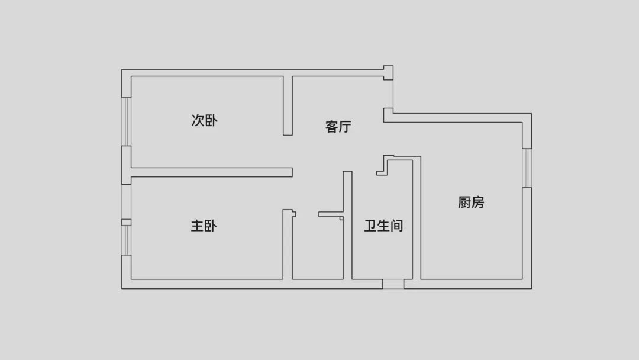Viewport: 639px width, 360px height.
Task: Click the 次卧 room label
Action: (x=205, y=121)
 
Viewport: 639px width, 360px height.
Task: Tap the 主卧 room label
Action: (x=205, y=226)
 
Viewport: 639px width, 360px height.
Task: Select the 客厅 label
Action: (x=338, y=127)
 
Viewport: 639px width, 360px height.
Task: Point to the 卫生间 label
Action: (x=383, y=226)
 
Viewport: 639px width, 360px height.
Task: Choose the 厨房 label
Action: (x=472, y=202)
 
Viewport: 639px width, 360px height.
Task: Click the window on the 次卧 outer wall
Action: (x=126, y=121)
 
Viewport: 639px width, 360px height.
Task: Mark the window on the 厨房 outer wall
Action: (x=527, y=168)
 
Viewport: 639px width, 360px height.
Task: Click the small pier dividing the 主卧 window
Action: (x=126, y=222)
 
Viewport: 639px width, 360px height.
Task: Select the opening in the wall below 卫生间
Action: (x=393, y=284)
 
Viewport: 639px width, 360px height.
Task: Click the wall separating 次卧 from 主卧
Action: (x=211, y=172)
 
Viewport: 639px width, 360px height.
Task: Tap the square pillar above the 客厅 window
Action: (x=388, y=72)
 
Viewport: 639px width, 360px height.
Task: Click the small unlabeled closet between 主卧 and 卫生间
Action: (x=318, y=249)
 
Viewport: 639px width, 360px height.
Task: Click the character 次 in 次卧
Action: (x=198, y=121)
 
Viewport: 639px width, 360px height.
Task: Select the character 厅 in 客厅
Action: (x=346, y=127)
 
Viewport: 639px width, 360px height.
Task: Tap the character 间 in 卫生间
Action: (x=397, y=226)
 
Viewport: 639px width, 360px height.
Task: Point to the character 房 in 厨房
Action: (x=478, y=202)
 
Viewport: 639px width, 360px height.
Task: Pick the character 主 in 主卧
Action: (x=198, y=226)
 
